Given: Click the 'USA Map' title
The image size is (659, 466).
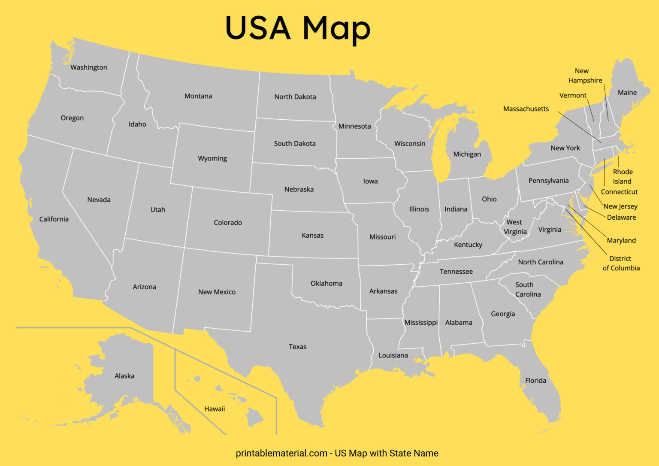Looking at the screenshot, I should (297, 28).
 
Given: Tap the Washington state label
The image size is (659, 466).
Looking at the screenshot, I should (89, 67).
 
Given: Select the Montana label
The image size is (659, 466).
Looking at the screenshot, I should (198, 96).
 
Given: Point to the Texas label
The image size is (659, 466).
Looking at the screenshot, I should (298, 347).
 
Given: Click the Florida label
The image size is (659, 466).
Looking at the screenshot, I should (536, 381).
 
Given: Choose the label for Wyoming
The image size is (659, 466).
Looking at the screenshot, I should (212, 158).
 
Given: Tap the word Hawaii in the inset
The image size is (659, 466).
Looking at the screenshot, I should (215, 409).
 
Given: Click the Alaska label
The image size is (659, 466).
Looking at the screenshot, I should (124, 376).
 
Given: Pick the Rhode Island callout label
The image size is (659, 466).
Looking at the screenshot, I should (623, 176).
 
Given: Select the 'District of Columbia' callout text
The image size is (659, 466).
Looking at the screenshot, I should (621, 263).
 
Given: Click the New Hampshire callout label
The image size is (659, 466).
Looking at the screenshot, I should (585, 76).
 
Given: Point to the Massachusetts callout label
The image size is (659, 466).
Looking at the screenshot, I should (526, 109).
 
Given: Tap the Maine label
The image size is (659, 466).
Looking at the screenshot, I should (627, 93).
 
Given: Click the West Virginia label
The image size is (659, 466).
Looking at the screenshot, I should (515, 227).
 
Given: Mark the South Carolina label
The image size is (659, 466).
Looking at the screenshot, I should (528, 290).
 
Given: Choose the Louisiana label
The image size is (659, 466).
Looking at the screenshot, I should (393, 355).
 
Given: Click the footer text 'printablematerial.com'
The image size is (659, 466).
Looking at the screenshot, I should (281, 453).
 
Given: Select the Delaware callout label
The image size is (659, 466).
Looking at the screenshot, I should (621, 218).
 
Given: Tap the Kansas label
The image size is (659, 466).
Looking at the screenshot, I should (313, 235).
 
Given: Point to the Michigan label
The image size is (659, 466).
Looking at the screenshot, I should (467, 154).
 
